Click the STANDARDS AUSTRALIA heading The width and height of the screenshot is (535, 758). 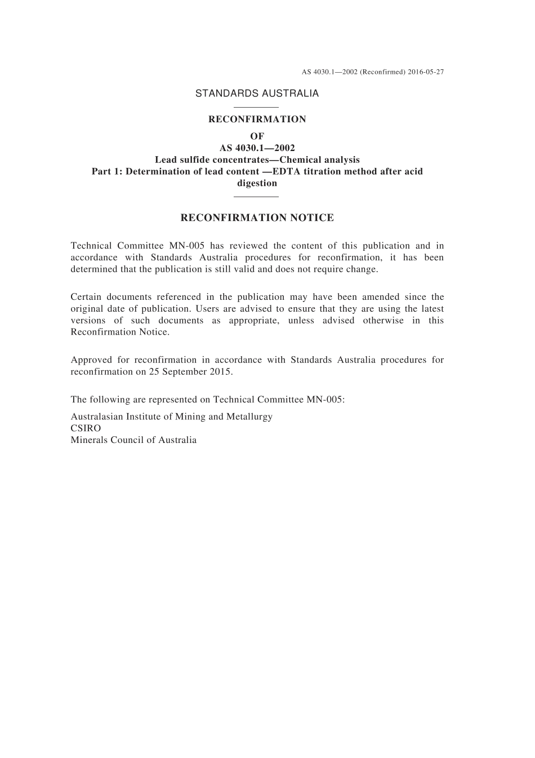(x=257, y=94)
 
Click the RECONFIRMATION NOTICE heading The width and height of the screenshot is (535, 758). (x=257, y=218)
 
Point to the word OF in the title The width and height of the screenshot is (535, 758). (x=257, y=136)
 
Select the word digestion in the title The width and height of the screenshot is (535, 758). (x=257, y=183)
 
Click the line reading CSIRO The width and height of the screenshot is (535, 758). (x=86, y=428)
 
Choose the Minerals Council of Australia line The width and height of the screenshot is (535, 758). (x=133, y=440)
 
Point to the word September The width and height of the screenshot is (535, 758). (x=185, y=371)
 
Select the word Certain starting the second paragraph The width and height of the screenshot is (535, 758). (x=87, y=297)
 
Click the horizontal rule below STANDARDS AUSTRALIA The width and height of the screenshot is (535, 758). (x=256, y=107)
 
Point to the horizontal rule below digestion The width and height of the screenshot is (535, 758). (x=256, y=197)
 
